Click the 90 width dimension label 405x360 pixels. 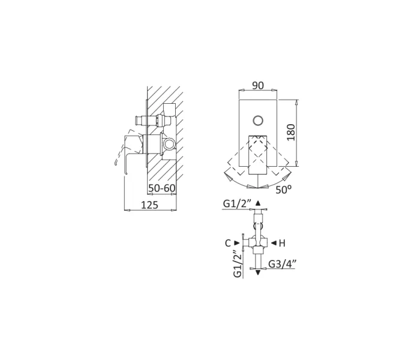click(x=258, y=86)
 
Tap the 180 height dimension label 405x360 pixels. click(x=291, y=133)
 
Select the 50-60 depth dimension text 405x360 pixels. click(x=161, y=188)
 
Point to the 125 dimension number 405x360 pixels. click(x=149, y=205)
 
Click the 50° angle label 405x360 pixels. click(x=283, y=190)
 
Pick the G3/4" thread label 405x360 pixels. click(x=283, y=264)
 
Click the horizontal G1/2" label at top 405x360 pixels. click(x=237, y=204)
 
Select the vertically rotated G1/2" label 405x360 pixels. click(x=238, y=264)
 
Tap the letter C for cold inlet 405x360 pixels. click(x=228, y=243)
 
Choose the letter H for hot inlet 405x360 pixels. click(x=282, y=243)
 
